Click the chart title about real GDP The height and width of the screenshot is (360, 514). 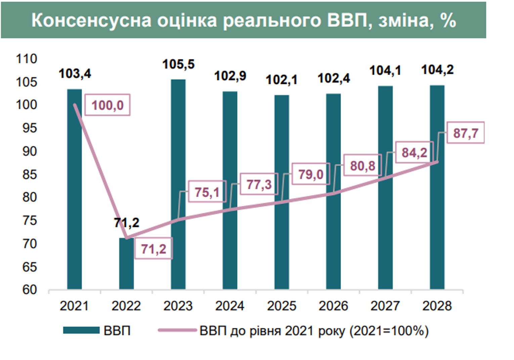pyautogui.click(x=244, y=20)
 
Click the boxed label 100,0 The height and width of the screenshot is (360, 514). pyautogui.click(x=108, y=105)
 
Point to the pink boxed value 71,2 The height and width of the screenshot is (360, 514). pyautogui.click(x=154, y=249)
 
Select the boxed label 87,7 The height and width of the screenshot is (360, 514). pyautogui.click(x=466, y=133)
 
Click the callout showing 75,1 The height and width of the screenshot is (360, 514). pyautogui.click(x=207, y=192)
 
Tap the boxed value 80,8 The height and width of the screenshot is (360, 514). pyautogui.click(x=362, y=166)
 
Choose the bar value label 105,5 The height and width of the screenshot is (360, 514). pyautogui.click(x=178, y=64)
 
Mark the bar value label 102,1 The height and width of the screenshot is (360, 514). pyautogui.click(x=282, y=80)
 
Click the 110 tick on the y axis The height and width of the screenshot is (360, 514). pyautogui.click(x=27, y=59)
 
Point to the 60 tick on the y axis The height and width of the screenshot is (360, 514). pyautogui.click(x=30, y=289)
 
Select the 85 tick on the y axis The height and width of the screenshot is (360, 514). pyautogui.click(x=30, y=174)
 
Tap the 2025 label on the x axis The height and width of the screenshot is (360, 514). pyautogui.click(x=282, y=306)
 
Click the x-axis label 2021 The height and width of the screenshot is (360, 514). pyautogui.click(x=74, y=306)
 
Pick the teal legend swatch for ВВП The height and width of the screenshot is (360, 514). pyautogui.click(x=81, y=331)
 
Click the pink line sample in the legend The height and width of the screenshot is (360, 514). pyautogui.click(x=177, y=331)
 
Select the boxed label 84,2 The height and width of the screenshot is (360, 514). pyautogui.click(x=414, y=152)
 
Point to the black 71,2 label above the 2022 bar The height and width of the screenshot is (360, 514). pyautogui.click(x=126, y=223)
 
